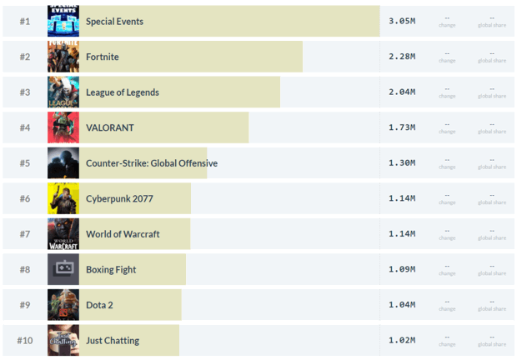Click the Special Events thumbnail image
point(63,21)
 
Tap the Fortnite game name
point(103,57)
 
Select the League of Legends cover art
point(63,92)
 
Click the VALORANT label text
point(109,127)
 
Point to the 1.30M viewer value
point(401,162)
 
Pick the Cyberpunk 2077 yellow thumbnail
point(63,198)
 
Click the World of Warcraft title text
point(123,234)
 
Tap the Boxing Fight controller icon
point(63,269)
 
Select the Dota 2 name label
point(99,305)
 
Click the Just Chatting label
point(113,340)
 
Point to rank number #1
point(25,21)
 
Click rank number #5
point(25,162)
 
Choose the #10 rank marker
point(25,340)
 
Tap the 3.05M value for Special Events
point(401,21)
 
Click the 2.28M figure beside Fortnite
point(401,57)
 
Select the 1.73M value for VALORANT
point(401,127)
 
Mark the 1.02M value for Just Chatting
point(401,340)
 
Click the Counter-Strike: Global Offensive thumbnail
point(63,162)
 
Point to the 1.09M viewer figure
point(401,269)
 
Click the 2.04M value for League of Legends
point(401,92)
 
